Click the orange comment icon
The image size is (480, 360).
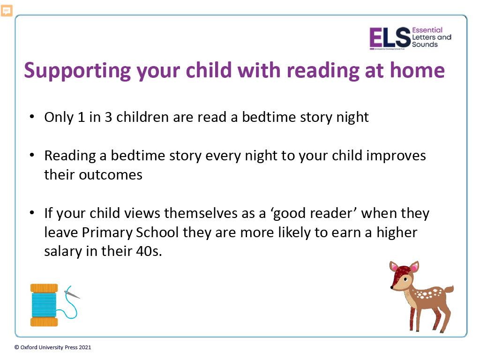click(7, 11)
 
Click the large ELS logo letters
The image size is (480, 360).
click(390, 37)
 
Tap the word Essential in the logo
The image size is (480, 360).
click(427, 30)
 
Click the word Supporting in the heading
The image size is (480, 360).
click(77, 71)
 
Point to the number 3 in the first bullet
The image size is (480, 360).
click(108, 117)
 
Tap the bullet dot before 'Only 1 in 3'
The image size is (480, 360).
click(32, 117)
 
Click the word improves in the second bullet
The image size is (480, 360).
click(396, 156)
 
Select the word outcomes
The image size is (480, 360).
click(111, 175)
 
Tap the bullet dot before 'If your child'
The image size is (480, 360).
click(32, 213)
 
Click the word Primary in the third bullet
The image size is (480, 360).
click(107, 232)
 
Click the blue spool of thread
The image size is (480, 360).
click(44, 305)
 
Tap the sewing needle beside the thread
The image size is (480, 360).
click(72, 294)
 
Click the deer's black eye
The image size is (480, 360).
click(405, 279)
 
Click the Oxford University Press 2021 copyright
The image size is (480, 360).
click(52, 347)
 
